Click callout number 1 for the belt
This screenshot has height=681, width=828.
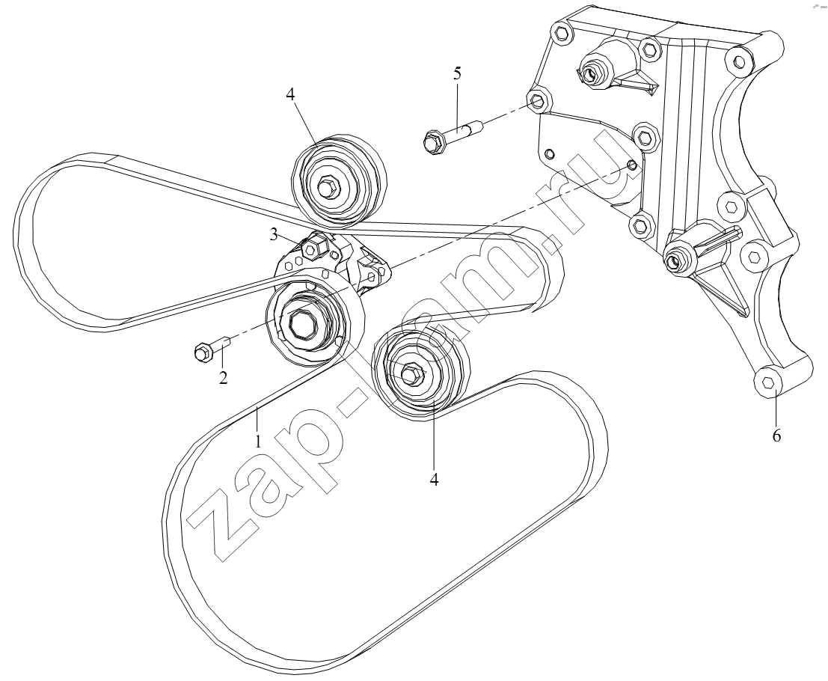point(258,441)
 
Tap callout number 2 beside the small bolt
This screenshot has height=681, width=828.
point(224,377)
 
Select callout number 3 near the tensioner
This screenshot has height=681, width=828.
point(274,234)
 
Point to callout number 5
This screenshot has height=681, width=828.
point(457,73)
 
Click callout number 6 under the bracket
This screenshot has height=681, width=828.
point(776,436)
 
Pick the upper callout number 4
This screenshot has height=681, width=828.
point(290,94)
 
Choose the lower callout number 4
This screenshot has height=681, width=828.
point(434,479)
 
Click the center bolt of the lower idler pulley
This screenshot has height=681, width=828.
point(412,373)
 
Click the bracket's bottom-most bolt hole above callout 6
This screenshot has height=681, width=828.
point(769,382)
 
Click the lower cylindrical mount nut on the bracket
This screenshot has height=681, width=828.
point(675,260)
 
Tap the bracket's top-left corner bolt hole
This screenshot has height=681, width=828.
point(562,33)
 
